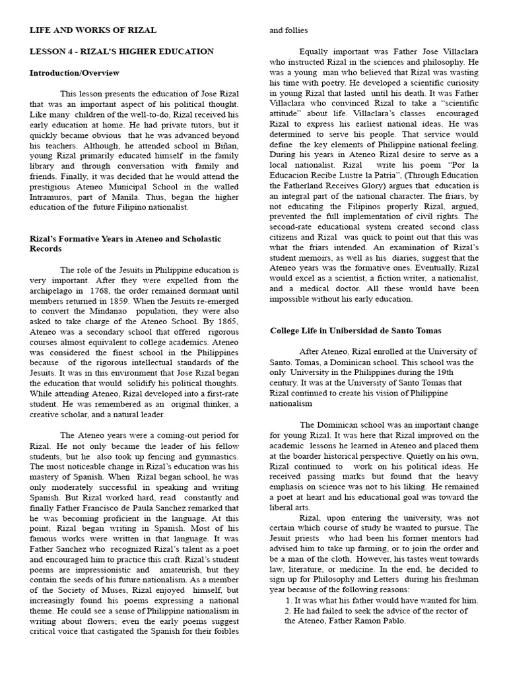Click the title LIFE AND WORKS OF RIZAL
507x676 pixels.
point(93,30)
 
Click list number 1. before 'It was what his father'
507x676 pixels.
point(289,601)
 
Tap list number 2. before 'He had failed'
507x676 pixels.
point(288,611)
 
